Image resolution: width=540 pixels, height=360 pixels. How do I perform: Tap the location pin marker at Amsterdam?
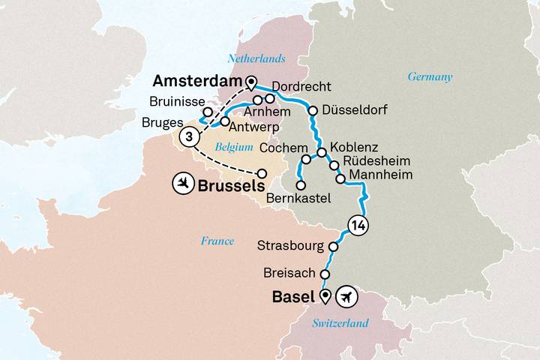coord(250,82)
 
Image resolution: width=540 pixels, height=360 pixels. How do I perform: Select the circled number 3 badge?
coord(191,136)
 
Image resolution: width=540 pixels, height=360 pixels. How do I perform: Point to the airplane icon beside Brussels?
coord(182,182)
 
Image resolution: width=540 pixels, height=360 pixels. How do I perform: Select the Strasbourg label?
coord(291,245)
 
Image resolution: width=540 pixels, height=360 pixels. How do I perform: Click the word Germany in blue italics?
coord(430,76)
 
